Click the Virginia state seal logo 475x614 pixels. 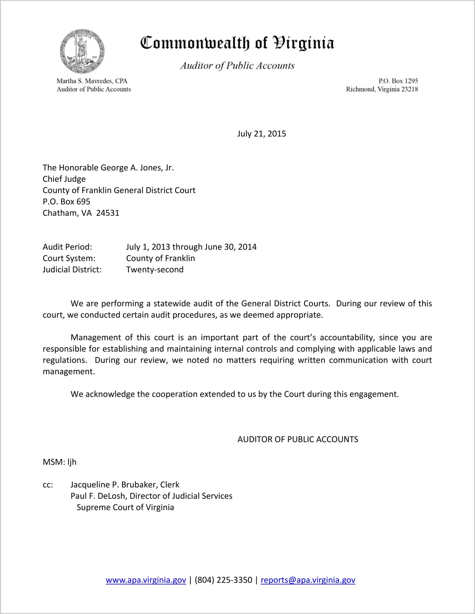[x=82, y=51]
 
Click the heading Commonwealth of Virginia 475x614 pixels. [x=237, y=43]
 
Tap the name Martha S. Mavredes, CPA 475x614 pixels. [x=92, y=81]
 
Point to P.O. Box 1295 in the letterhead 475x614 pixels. [x=398, y=81]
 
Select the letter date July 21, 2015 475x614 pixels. [x=261, y=134]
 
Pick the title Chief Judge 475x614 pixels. [x=64, y=179]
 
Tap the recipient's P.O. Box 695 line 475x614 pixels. [x=66, y=202]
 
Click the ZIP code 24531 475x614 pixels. [x=107, y=213]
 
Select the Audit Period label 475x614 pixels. [x=67, y=247]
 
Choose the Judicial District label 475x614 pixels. [x=72, y=270]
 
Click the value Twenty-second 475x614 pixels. [x=155, y=270]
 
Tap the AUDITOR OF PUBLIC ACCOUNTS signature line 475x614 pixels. [x=298, y=439]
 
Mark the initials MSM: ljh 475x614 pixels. [x=59, y=462]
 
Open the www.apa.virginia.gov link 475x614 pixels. [x=146, y=580]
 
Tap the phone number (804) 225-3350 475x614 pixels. [x=223, y=580]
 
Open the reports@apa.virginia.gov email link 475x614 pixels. [x=308, y=580]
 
